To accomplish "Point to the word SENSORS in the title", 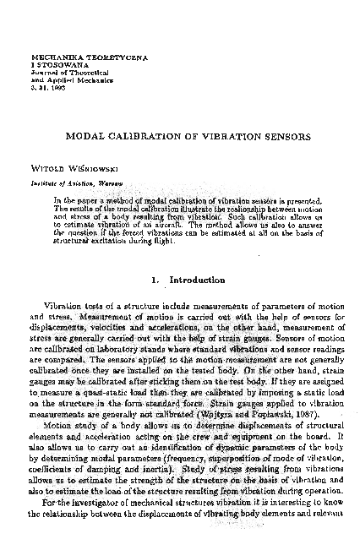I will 287,135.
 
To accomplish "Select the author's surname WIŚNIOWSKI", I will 87,168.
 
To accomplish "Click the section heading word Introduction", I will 197,280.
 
